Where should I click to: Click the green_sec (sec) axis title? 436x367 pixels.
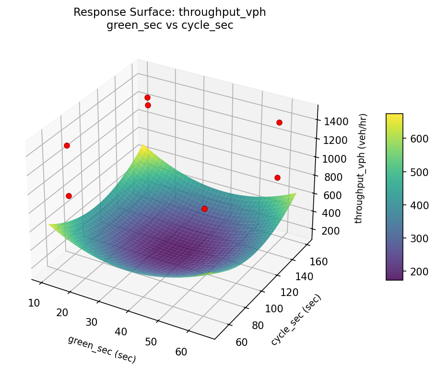[x=102, y=349]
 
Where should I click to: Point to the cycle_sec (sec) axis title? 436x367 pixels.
[x=296, y=320]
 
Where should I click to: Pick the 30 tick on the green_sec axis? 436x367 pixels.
[x=93, y=322]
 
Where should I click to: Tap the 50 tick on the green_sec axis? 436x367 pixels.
[x=151, y=342]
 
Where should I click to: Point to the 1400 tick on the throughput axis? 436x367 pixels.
[x=333, y=121]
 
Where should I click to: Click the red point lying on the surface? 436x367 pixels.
[x=204, y=209]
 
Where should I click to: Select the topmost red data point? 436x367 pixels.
[x=147, y=97]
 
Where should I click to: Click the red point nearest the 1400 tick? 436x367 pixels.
[x=279, y=122]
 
